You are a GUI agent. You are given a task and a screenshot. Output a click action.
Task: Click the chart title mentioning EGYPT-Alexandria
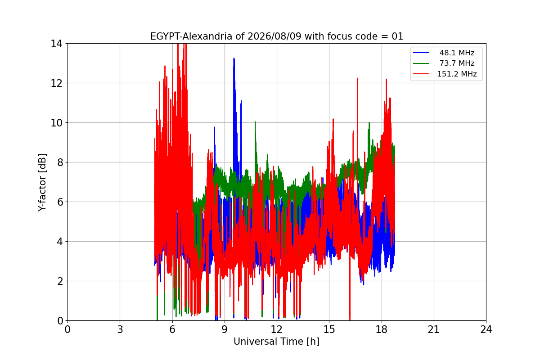[x=276, y=36]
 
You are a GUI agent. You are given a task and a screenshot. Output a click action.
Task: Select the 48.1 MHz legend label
[x=457, y=53]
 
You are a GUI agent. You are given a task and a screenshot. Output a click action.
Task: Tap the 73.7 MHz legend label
[x=457, y=63]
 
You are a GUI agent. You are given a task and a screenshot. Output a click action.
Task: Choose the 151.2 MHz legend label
[x=457, y=74]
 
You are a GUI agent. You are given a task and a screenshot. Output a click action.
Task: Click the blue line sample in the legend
[x=421, y=53]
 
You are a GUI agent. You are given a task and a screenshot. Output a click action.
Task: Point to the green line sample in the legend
[x=421, y=63]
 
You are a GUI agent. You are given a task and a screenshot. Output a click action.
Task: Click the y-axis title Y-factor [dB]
[x=42, y=183]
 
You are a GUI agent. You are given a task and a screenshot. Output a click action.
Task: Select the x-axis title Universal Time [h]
[x=276, y=342]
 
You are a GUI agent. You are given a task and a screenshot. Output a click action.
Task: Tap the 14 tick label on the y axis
[x=56, y=44]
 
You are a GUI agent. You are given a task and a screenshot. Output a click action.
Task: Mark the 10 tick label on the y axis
[x=56, y=123]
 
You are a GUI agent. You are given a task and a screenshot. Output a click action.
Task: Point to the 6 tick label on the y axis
[x=60, y=202]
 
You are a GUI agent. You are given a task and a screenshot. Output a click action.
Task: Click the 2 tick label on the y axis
[x=60, y=281]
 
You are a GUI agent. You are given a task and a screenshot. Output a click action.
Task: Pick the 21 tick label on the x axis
[x=434, y=329]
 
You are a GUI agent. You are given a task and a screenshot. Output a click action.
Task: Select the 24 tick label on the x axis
[x=486, y=329]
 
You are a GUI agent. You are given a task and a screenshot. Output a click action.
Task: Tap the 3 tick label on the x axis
[x=120, y=329]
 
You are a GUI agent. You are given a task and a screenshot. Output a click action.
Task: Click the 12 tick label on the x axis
[x=277, y=329]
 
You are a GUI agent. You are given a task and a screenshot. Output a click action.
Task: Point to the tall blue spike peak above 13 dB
[x=234, y=58]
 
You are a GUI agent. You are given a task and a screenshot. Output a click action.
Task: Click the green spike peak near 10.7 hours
[x=255, y=122]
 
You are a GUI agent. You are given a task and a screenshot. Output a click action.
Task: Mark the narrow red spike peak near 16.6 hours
[x=357, y=78]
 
